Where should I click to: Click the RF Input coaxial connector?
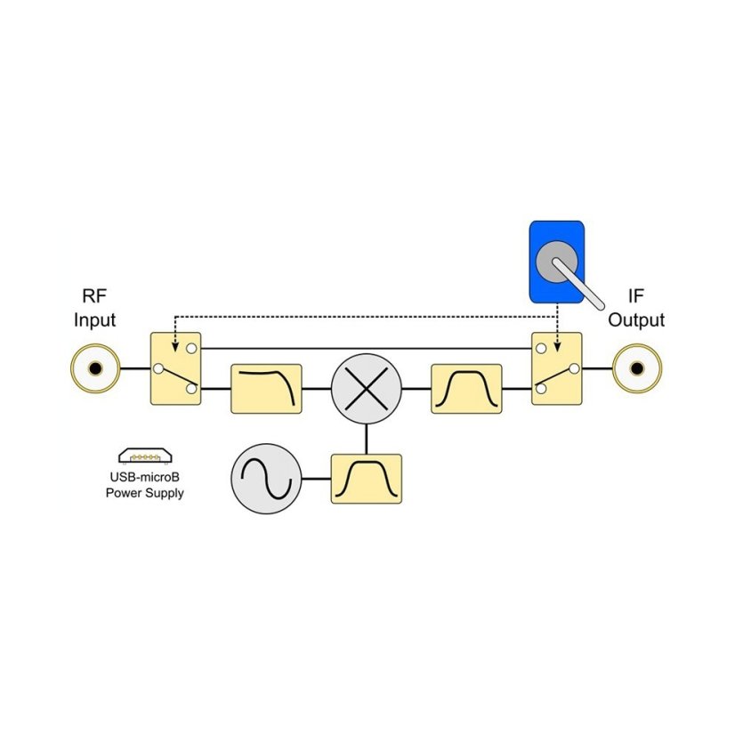pyautogui.click(x=95, y=368)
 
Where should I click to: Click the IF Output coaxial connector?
pyautogui.click(x=637, y=368)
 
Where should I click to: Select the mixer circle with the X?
pyautogui.click(x=367, y=389)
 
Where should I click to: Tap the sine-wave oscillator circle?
pyautogui.click(x=266, y=479)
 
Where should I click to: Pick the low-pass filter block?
pyautogui.click(x=266, y=389)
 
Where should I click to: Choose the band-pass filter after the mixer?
pyautogui.click(x=466, y=389)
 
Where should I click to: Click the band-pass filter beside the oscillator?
pyautogui.click(x=367, y=479)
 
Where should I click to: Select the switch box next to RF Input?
pyautogui.click(x=176, y=368)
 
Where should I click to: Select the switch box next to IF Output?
pyautogui.click(x=557, y=368)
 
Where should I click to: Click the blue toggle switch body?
pyautogui.click(x=557, y=262)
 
